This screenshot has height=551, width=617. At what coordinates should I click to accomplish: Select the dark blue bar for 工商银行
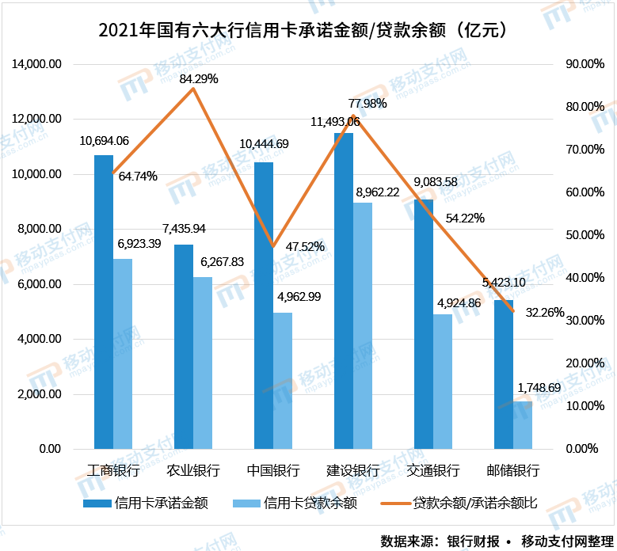(x=104, y=302)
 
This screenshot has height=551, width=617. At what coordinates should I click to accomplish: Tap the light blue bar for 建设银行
(x=363, y=325)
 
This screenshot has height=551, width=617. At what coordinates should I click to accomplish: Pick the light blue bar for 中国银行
(x=283, y=381)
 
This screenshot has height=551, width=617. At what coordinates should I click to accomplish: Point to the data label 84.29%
(x=199, y=78)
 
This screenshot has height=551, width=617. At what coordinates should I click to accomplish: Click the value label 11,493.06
(x=335, y=121)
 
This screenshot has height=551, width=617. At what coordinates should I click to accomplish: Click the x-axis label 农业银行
(x=193, y=470)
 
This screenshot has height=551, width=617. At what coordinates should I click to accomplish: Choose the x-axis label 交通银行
(x=433, y=470)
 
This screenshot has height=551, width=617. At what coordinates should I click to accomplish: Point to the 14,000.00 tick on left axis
(x=36, y=64)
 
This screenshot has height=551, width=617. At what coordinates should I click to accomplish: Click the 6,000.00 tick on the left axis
(x=40, y=284)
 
